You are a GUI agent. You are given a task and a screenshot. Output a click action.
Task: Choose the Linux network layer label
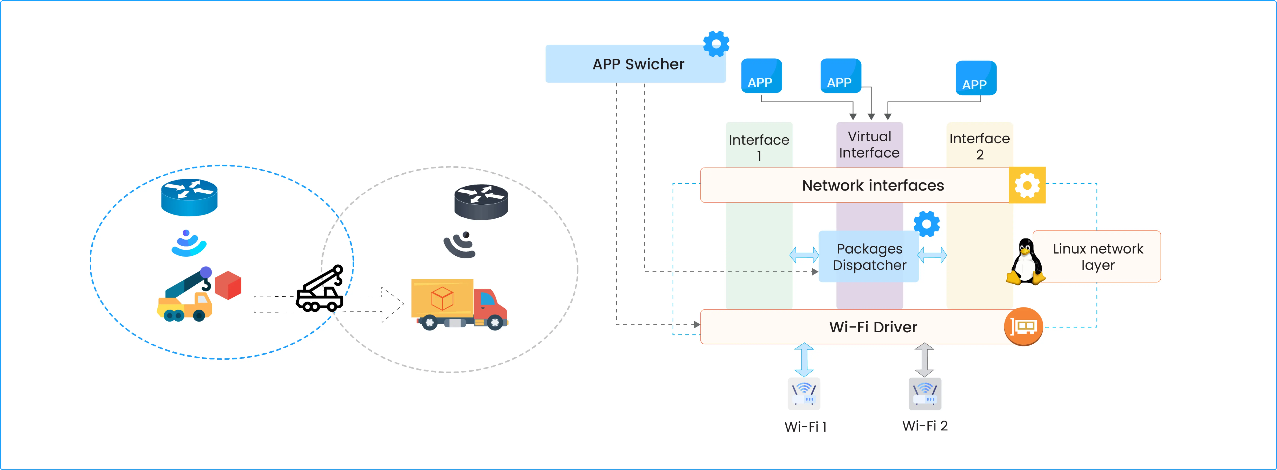pyautogui.click(x=1098, y=257)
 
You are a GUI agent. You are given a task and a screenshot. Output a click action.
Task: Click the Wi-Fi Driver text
pyautogui.click(x=873, y=327)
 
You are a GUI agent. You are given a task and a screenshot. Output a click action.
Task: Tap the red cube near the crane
pyautogui.click(x=229, y=285)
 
